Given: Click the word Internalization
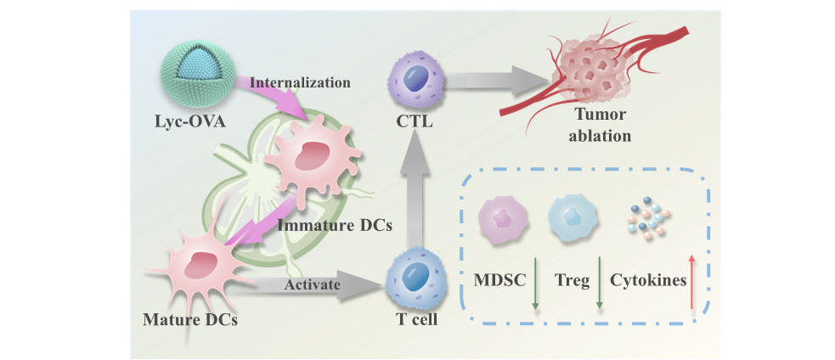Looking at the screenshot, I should pyautogui.click(x=300, y=82).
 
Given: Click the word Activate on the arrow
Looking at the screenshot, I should pyautogui.click(x=312, y=284).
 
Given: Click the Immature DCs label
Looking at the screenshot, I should pyautogui.click(x=335, y=227).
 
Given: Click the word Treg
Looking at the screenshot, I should pyautogui.click(x=572, y=280).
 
